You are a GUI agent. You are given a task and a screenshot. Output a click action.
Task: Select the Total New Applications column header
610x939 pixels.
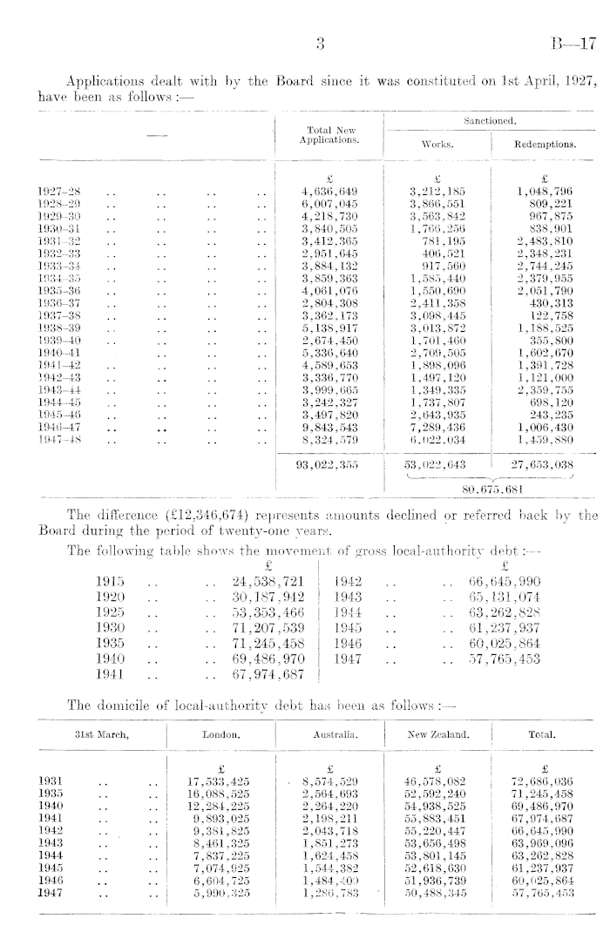329,133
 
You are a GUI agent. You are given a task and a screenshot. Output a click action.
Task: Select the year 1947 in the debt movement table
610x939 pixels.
352,659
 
